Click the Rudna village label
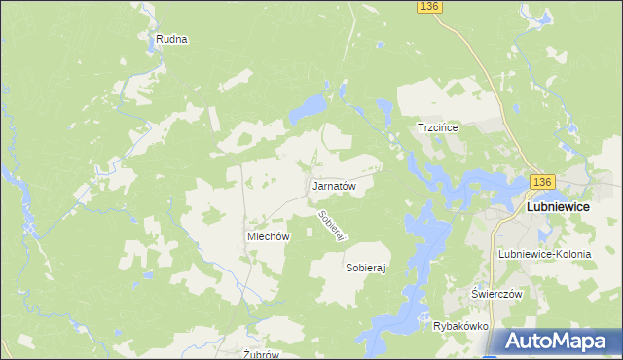tap(170, 40)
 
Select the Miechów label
tap(269, 236)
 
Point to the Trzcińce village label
tap(437, 127)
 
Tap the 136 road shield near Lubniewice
tap(542, 182)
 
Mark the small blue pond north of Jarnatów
tap(310, 107)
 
